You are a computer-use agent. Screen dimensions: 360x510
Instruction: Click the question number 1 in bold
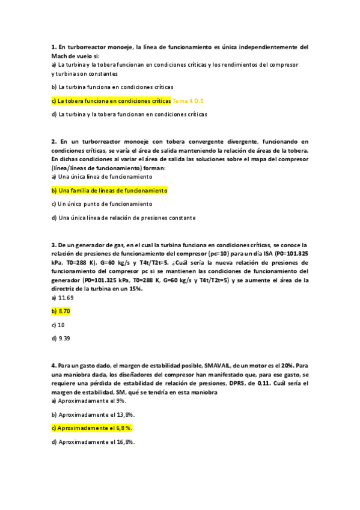tap(53, 46)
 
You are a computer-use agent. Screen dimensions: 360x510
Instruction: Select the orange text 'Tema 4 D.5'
tap(188, 100)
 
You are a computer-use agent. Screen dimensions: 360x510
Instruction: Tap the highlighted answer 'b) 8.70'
tap(62, 311)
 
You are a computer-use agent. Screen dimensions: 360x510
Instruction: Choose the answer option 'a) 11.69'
tap(63, 298)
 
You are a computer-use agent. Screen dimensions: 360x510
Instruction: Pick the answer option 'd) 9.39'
tap(62, 339)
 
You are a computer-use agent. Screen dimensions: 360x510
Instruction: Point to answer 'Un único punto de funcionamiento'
tap(97, 204)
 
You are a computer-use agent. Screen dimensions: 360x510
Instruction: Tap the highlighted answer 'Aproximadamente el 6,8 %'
tap(92, 428)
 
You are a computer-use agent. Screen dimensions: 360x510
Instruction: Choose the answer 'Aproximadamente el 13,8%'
tap(93, 414)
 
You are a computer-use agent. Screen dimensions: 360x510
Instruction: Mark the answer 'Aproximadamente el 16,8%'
tap(93, 442)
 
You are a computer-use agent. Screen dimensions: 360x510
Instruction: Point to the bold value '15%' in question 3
tap(135, 289)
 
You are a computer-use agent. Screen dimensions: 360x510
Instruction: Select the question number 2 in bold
tap(53, 141)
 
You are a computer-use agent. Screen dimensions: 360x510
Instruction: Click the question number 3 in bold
tap(53, 245)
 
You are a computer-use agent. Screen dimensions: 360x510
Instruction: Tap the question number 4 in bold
tap(53, 365)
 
